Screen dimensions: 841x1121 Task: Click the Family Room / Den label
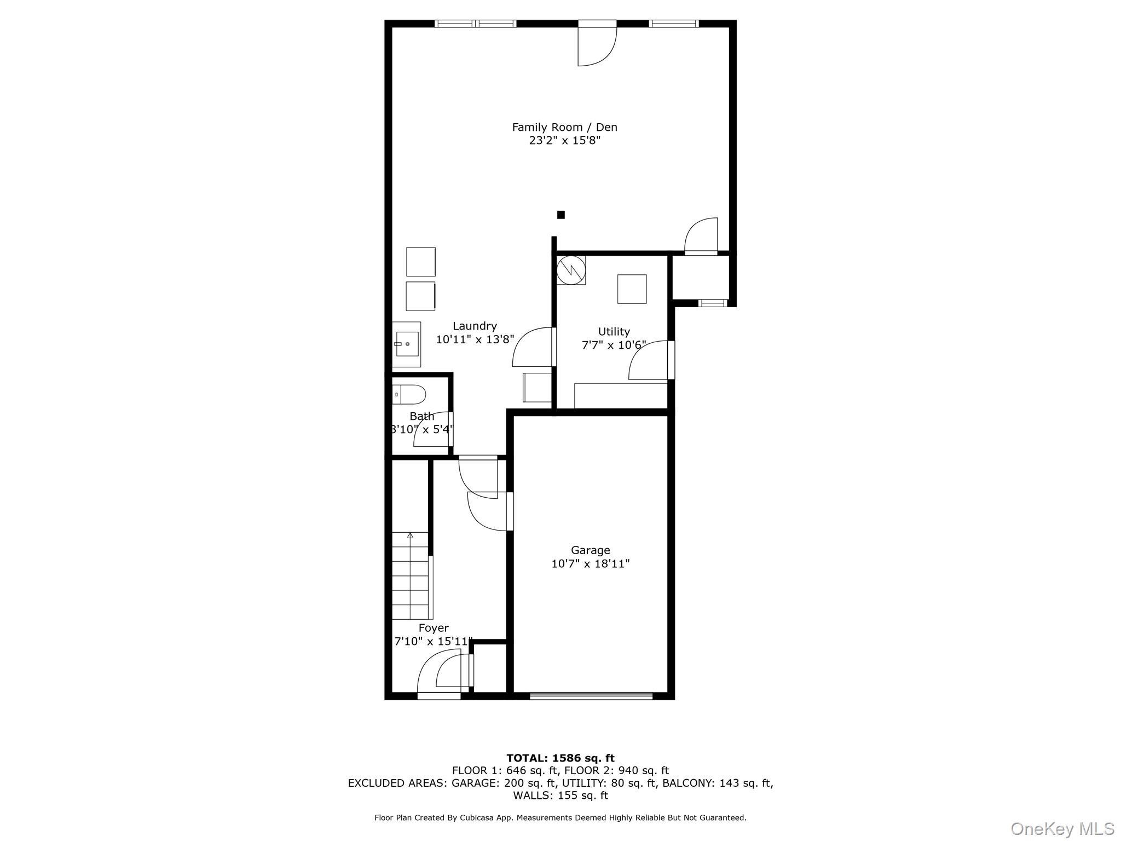pyautogui.click(x=564, y=127)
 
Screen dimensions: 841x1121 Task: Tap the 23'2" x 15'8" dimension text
pyautogui.click(x=564, y=141)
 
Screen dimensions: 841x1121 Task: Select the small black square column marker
pyautogui.click(x=560, y=215)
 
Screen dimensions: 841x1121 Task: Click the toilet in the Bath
pyautogui.click(x=410, y=394)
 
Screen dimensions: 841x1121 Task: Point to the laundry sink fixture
pyautogui.click(x=407, y=344)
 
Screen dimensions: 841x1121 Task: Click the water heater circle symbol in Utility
pyautogui.click(x=571, y=269)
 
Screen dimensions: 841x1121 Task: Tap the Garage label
pyautogui.click(x=590, y=550)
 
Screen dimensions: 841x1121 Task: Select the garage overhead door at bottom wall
pyautogui.click(x=591, y=696)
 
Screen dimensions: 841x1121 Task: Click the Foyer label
pyautogui.click(x=434, y=628)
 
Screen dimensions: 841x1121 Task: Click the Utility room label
pyautogui.click(x=614, y=332)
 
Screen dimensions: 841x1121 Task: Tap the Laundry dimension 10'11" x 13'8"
pyautogui.click(x=475, y=339)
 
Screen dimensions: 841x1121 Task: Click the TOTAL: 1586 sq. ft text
pyautogui.click(x=560, y=758)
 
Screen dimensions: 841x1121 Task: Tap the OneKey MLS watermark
pyautogui.click(x=1062, y=828)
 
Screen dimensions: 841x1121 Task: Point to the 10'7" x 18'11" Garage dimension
pyautogui.click(x=590, y=564)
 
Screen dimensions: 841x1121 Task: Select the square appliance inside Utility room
pyautogui.click(x=632, y=289)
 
